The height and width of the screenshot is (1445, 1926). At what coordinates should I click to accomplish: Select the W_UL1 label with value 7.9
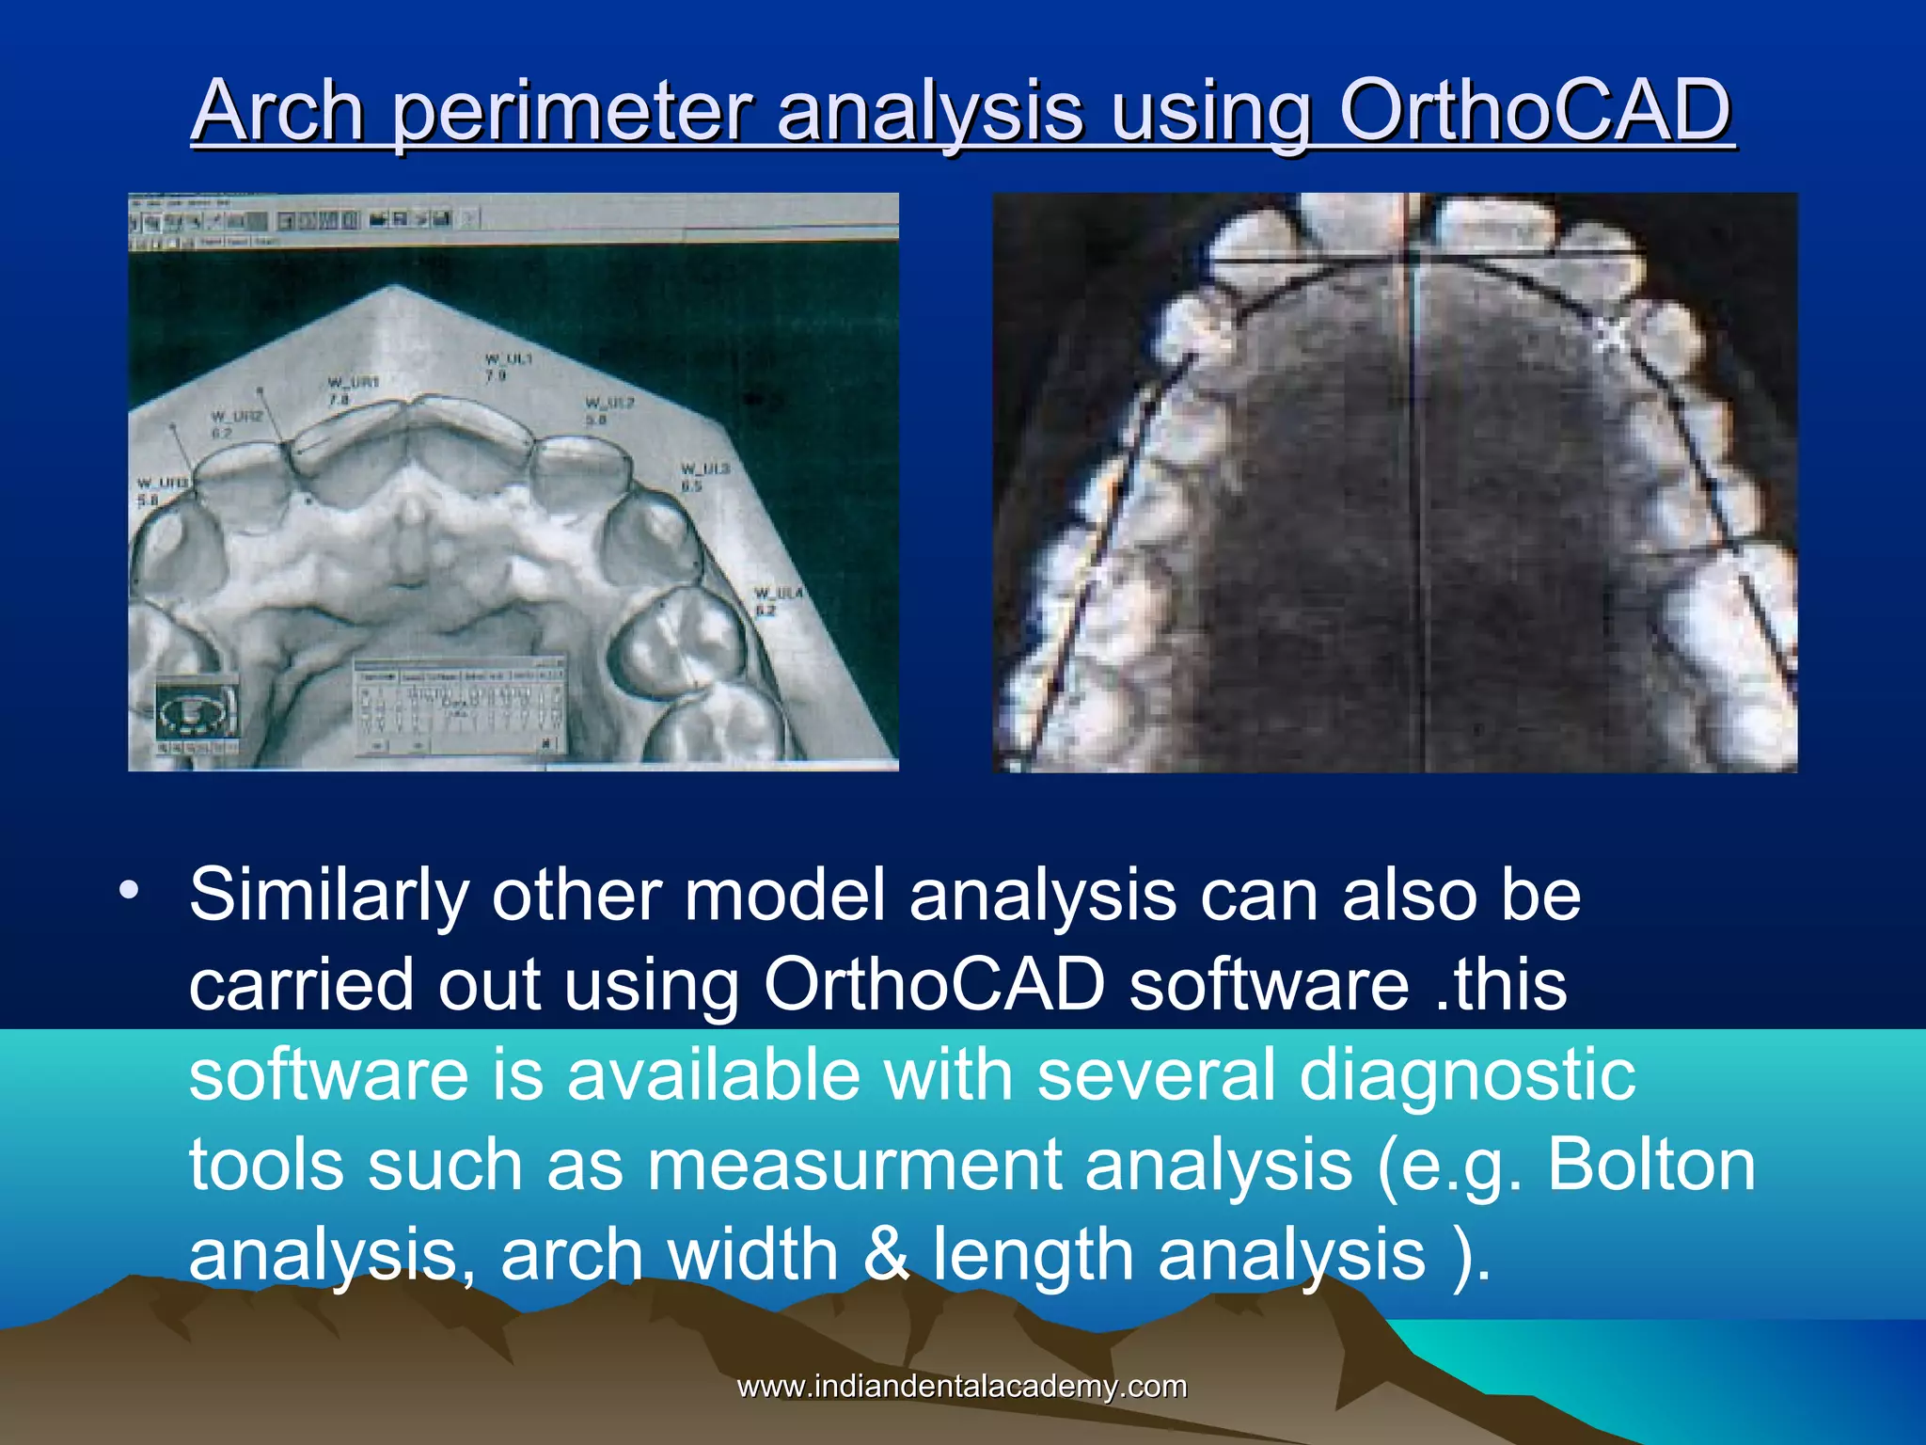pos(508,367)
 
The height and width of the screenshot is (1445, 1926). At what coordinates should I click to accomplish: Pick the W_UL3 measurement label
pos(704,477)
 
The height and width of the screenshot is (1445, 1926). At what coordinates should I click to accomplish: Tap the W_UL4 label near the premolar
pos(778,602)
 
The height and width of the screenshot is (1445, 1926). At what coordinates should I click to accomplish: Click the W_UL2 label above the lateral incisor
pos(609,411)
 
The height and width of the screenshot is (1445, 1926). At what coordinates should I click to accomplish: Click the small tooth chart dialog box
pos(460,706)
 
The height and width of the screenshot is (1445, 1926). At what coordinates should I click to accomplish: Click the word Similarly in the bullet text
pos(329,896)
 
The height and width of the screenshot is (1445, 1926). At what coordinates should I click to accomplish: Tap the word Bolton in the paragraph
pos(1650,1166)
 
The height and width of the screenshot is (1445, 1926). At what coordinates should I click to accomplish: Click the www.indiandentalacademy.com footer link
pos(961,1386)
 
